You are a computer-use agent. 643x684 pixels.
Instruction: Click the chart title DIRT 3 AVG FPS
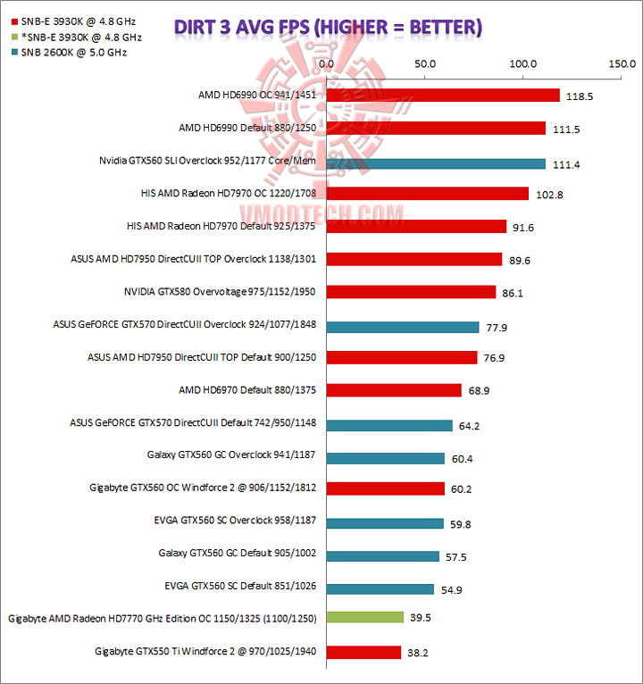[328, 27]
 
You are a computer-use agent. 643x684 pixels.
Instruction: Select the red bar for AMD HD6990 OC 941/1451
[443, 96]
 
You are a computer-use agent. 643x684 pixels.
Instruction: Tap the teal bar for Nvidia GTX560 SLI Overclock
[436, 163]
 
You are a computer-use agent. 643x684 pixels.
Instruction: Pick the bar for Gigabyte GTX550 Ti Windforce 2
[363, 652]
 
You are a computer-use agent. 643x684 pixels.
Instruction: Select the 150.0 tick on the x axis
[621, 64]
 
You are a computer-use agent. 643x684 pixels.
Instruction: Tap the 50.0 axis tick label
[424, 64]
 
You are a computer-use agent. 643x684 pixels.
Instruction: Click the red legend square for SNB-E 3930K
[9, 22]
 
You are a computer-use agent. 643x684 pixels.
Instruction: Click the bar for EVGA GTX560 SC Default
[380, 588]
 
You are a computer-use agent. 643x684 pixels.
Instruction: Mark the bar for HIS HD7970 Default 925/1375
[416, 227]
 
